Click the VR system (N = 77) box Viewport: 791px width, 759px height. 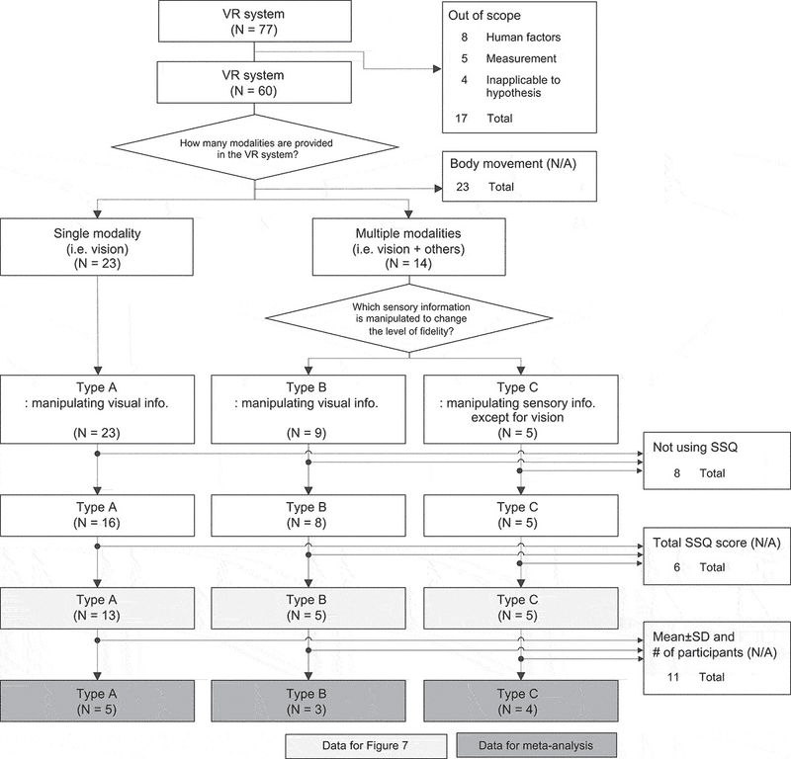click(255, 21)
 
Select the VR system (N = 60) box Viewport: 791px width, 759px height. click(254, 82)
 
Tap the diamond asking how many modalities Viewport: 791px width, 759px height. click(255, 147)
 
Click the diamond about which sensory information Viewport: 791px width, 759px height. click(409, 319)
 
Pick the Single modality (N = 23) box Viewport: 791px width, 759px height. click(97, 247)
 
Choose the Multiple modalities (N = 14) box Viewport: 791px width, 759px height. click(409, 247)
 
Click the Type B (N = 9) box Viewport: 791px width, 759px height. click(308, 409)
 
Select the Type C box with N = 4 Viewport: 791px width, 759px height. click(521, 701)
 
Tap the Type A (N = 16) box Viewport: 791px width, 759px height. click(97, 515)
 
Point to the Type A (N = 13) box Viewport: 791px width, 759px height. click(97, 608)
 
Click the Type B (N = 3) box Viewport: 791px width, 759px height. click(308, 701)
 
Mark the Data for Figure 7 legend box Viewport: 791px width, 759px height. click(366, 746)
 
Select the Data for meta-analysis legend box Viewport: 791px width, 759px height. click(536, 746)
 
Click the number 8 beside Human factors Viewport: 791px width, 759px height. click(464, 38)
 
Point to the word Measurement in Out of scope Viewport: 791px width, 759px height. click(521, 58)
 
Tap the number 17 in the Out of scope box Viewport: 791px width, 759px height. click(461, 119)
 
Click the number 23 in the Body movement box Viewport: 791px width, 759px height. click(463, 187)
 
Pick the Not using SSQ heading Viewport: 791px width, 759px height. click(695, 448)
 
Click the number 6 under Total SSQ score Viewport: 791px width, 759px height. click(677, 568)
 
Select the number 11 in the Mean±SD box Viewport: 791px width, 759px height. click(673, 677)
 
